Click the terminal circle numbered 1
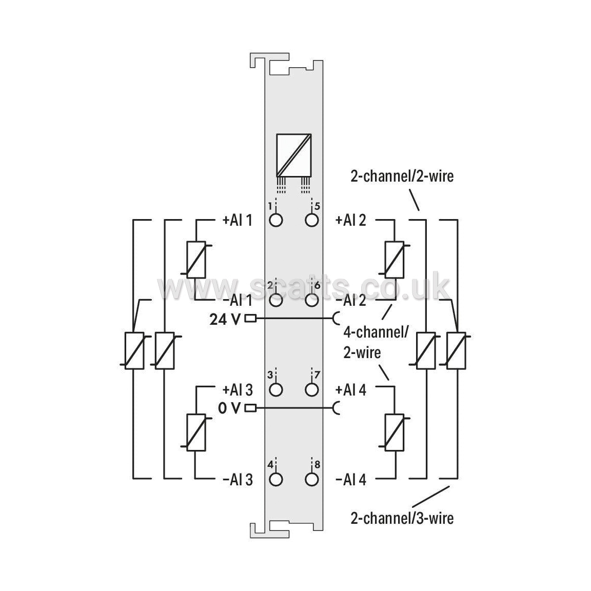pyautogui.click(x=276, y=220)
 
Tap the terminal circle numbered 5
pyautogui.click(x=312, y=220)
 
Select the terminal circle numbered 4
pyautogui.click(x=276, y=480)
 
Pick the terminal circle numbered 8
pyautogui.click(x=312, y=480)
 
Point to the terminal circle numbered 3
pyautogui.click(x=276, y=390)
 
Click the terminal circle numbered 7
pyautogui.click(x=312, y=390)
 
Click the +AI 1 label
pyautogui.click(x=238, y=220)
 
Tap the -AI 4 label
pyautogui.click(x=351, y=480)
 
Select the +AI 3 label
pyautogui.click(x=238, y=390)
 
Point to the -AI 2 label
pyautogui.click(x=351, y=301)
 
